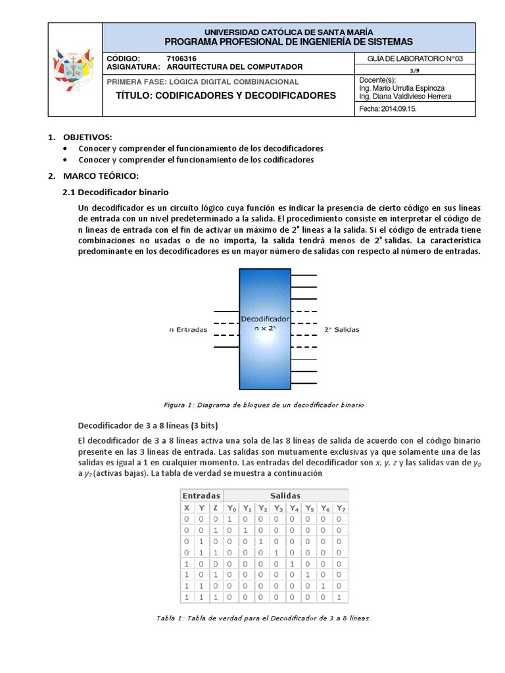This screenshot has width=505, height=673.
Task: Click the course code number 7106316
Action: coord(181,58)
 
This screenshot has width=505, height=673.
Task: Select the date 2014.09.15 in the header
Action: coord(388,110)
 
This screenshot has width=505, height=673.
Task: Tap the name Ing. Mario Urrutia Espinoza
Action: coord(402,87)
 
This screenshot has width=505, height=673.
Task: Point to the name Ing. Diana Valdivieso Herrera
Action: coord(405,96)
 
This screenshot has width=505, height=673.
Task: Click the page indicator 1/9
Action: coord(415,70)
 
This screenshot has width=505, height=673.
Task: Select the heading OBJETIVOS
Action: coord(87,137)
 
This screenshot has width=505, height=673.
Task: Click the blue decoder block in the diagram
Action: coord(264,329)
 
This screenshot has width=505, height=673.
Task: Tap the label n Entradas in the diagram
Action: coord(188,330)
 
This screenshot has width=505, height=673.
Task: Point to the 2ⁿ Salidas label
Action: coord(342,330)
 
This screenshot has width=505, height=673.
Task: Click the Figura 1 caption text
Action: coord(263,405)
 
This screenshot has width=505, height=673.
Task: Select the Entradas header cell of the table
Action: coord(202,496)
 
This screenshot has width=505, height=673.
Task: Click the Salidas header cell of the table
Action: coord(285,496)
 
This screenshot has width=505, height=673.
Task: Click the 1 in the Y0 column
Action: coord(230,519)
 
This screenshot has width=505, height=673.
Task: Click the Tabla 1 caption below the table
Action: coord(263,618)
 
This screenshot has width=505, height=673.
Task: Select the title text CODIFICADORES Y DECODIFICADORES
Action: coord(226,95)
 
